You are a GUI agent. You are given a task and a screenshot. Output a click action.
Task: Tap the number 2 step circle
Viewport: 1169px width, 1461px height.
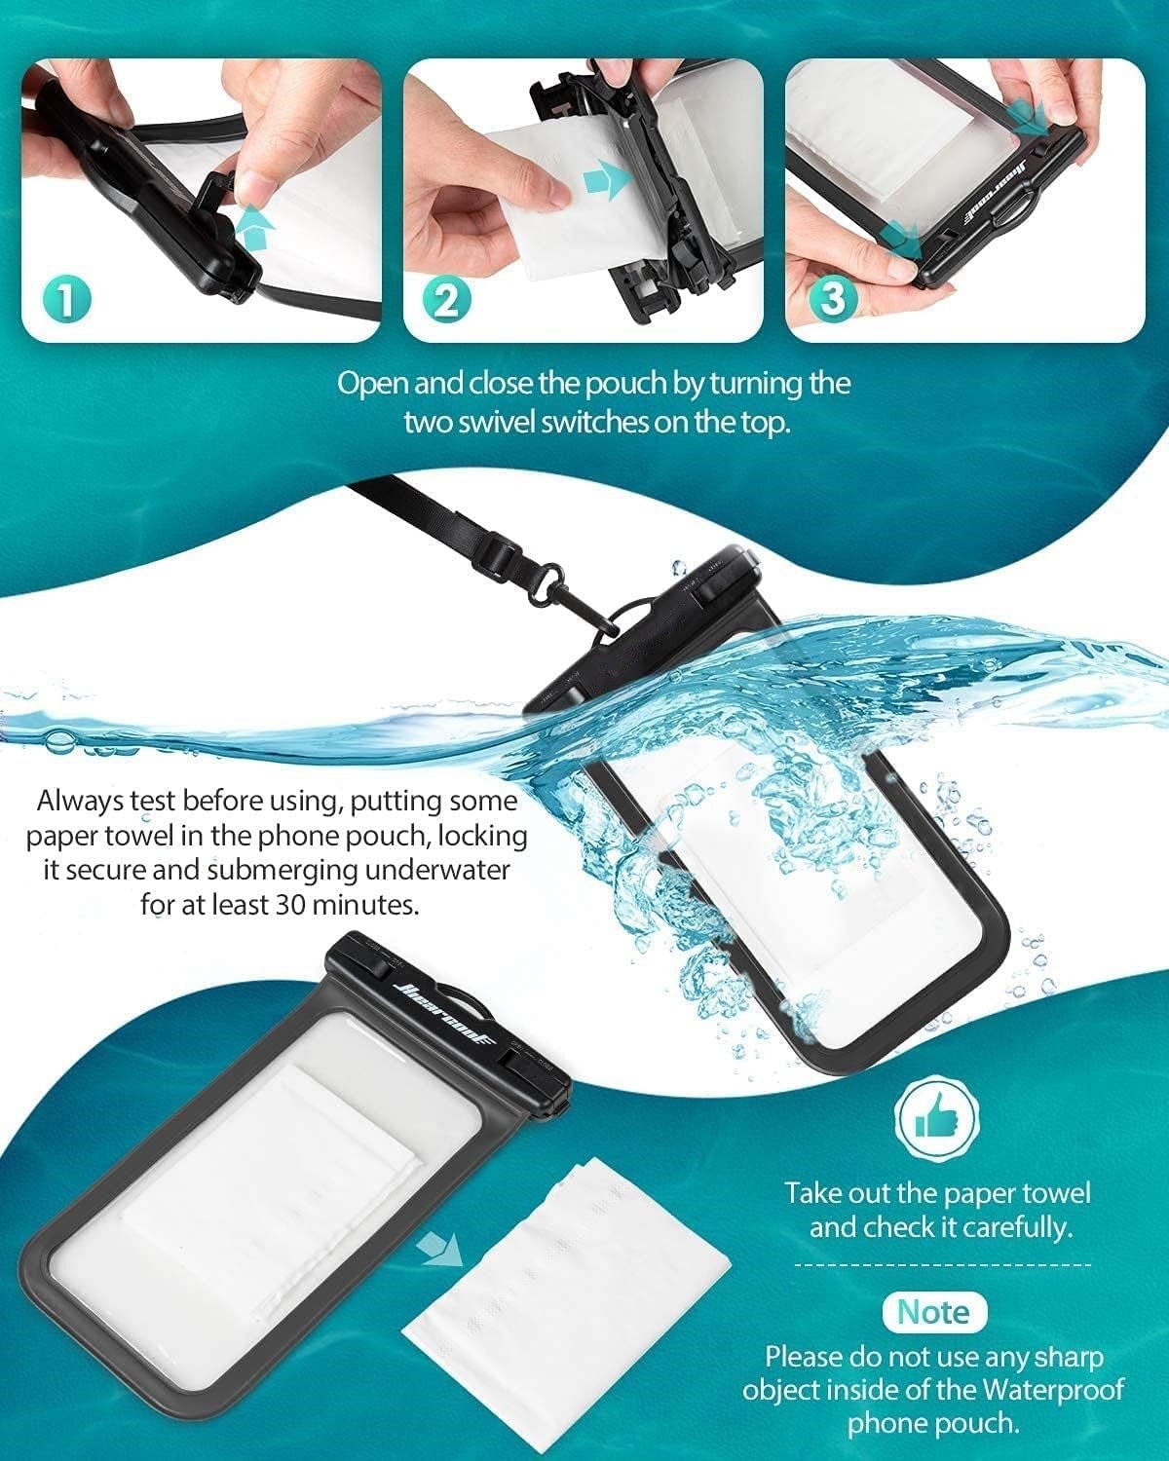(447, 299)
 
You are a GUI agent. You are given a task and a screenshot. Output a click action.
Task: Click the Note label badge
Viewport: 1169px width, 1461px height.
(934, 1312)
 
